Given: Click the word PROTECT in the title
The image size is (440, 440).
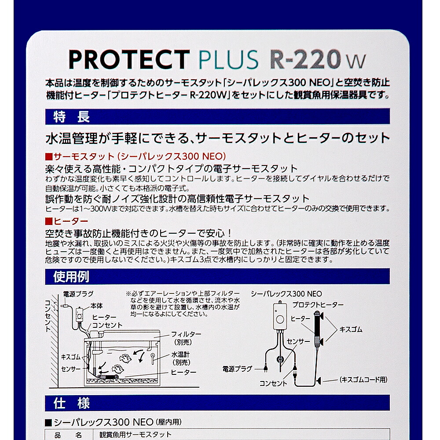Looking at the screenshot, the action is coord(129,59).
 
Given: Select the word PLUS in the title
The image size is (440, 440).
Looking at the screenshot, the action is coord(228,59).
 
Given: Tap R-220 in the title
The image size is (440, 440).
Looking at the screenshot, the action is coord(305,59).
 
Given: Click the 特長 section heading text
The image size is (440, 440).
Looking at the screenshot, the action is coord(72,117).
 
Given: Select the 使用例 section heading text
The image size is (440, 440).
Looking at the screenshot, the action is coord(71,277).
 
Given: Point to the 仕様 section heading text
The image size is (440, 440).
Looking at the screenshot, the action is coord(72,403).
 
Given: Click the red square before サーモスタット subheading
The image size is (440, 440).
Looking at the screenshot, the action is coord(49,156).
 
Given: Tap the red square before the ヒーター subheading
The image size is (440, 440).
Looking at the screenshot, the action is coord(49,221).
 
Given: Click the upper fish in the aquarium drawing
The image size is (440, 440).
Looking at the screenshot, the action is coord(125,358).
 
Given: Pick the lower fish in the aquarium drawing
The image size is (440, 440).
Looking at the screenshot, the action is coord(117,369).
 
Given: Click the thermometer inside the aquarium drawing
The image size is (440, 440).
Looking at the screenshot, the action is coord(153,358).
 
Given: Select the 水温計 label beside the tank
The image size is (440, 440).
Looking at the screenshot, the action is coord(180,354).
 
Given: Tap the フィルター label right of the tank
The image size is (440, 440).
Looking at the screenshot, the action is coord(186,334).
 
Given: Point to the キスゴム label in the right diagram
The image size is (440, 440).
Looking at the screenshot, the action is coord(351,329).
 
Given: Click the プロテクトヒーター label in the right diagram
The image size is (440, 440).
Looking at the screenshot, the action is coord(318,305).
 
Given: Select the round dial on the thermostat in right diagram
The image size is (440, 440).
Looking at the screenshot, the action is coord(280,319).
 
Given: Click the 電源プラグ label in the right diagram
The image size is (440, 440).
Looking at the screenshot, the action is coord(238,369).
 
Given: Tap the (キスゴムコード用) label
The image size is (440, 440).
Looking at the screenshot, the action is coord(363,380).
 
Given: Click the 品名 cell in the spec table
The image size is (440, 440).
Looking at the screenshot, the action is coord(68,435).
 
